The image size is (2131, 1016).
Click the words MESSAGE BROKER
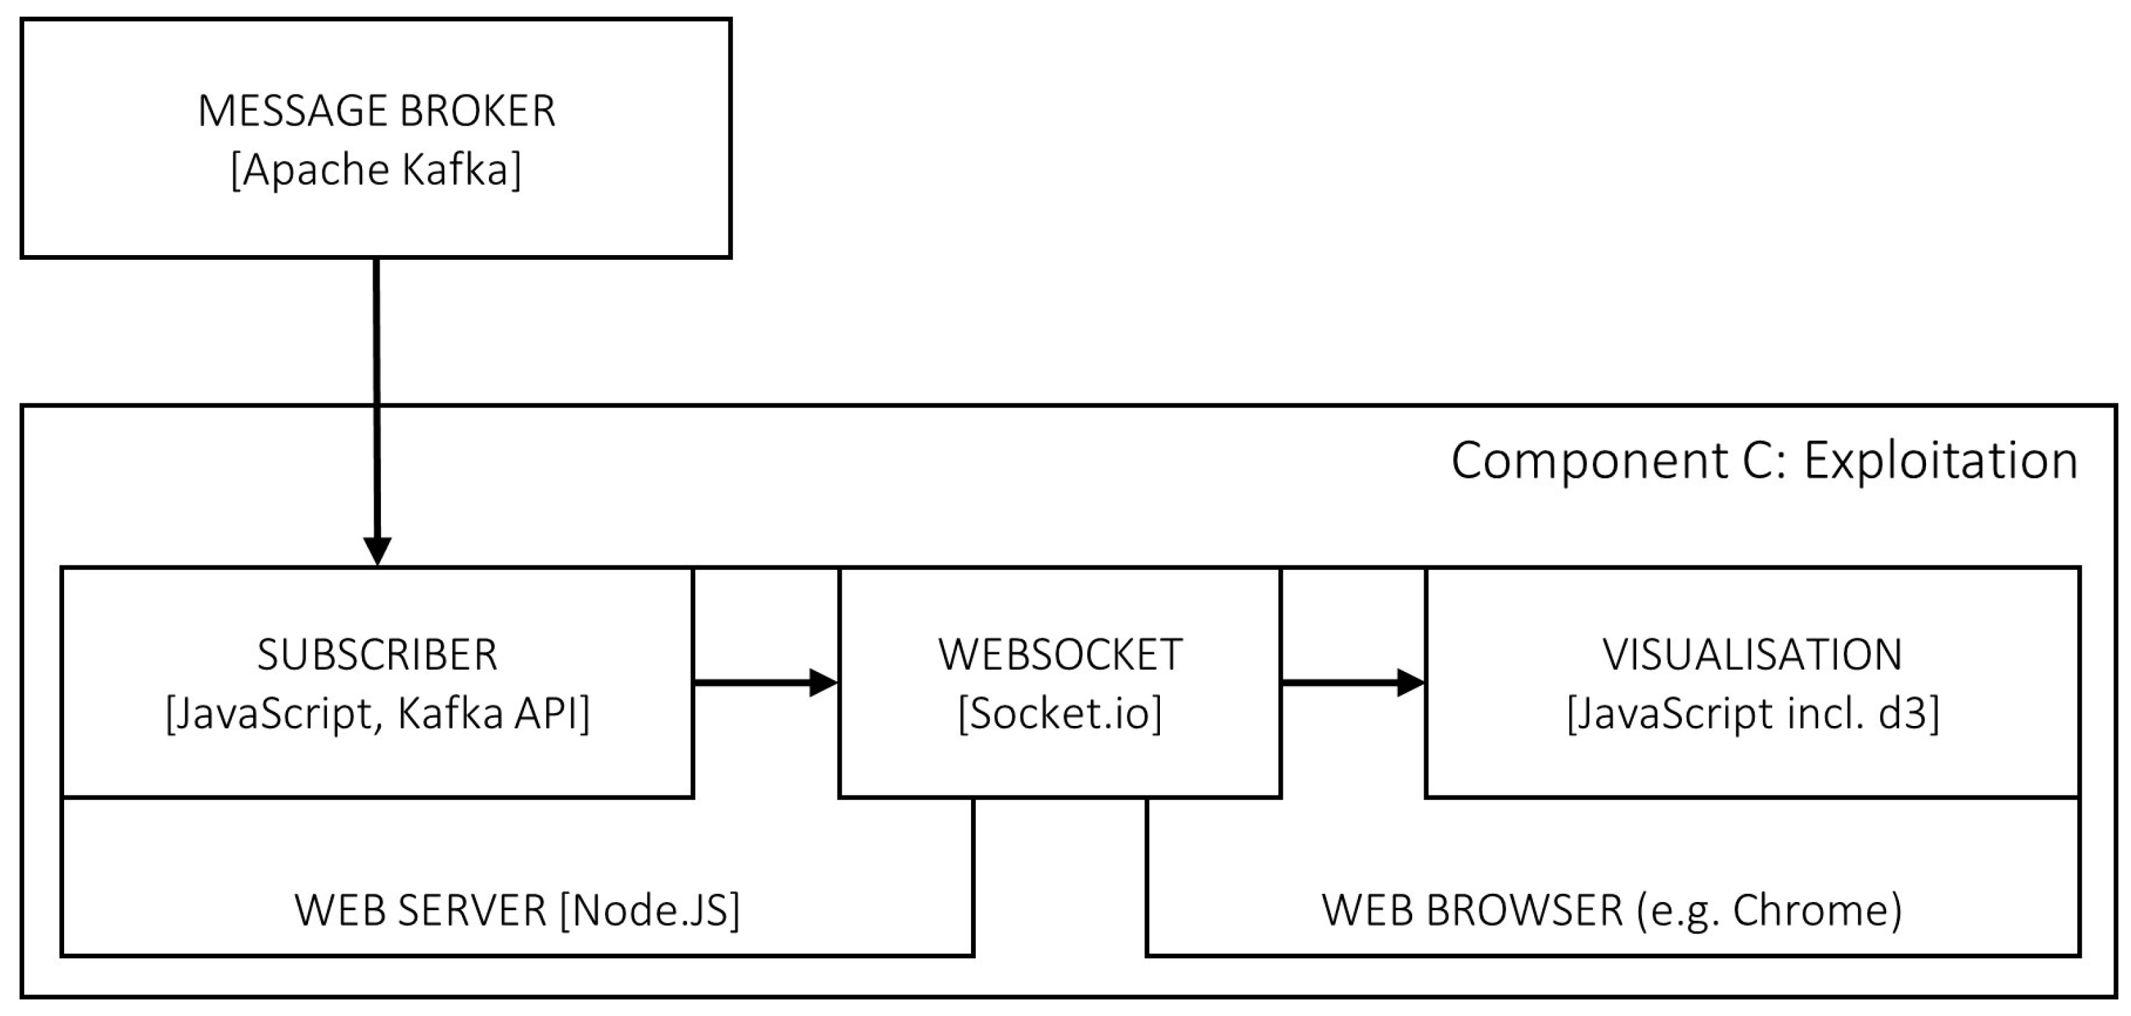(x=376, y=111)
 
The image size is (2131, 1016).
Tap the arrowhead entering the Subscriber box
(x=377, y=551)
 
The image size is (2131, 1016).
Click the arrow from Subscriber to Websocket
(x=765, y=683)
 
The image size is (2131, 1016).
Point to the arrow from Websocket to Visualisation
(x=1353, y=683)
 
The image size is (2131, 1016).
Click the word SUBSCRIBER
(x=377, y=654)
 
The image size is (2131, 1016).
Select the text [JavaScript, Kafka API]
(x=377, y=713)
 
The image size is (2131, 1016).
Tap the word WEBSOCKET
(x=1059, y=654)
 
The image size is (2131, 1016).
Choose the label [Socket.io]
(x=1059, y=713)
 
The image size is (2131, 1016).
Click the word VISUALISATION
(x=1752, y=654)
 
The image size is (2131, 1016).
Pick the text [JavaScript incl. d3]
(x=1752, y=713)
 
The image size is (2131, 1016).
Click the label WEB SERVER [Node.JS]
(x=517, y=910)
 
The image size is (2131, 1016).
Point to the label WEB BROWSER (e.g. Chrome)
(x=1612, y=910)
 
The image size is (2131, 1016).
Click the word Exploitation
(x=1940, y=460)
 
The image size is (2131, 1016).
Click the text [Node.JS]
(x=649, y=910)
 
